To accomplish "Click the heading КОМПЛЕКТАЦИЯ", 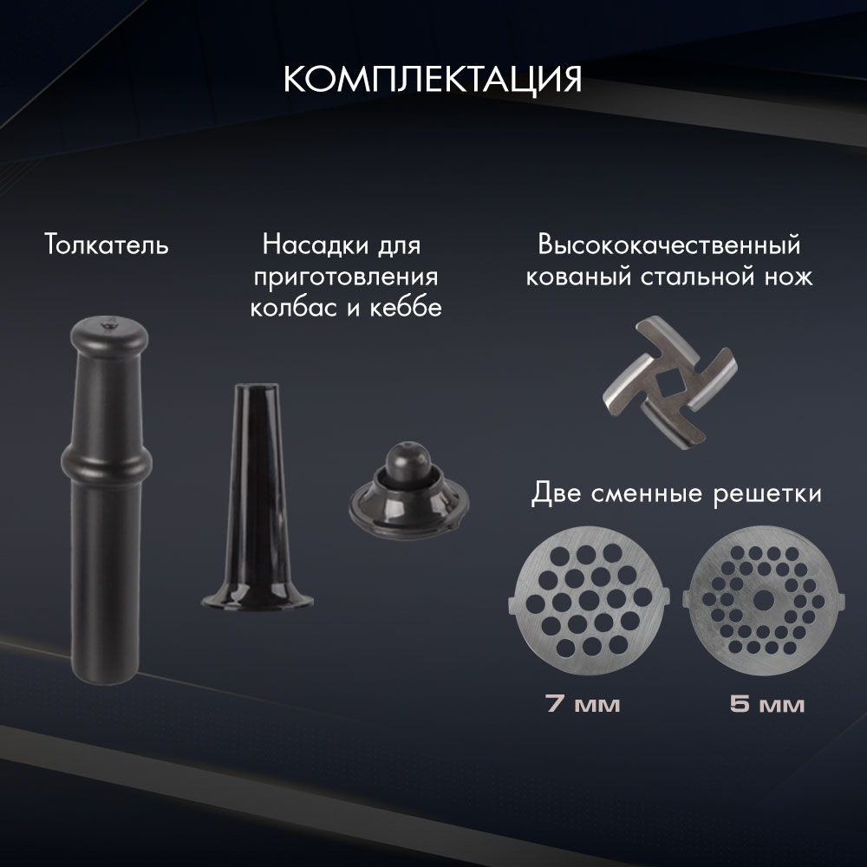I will (433, 80).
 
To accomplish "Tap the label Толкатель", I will (107, 246).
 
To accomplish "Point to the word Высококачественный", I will (667, 246).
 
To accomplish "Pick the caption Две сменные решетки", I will (675, 495).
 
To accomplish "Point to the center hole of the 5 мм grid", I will (763, 598).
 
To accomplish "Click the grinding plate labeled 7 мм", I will (590, 598).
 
